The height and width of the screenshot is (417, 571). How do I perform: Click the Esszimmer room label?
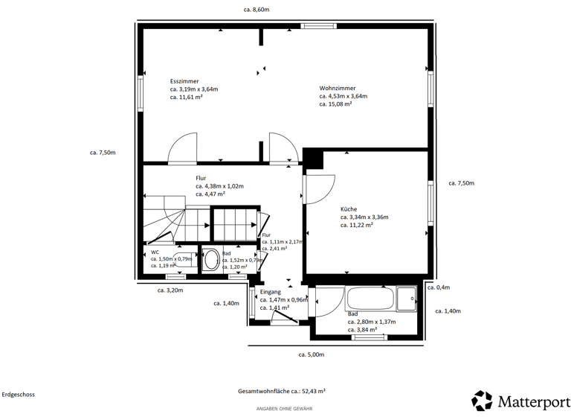183,80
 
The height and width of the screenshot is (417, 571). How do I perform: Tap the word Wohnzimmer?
337,87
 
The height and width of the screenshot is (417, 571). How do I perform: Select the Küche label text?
349,209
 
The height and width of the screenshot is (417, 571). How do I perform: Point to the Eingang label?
271,292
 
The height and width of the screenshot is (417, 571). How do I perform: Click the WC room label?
155,252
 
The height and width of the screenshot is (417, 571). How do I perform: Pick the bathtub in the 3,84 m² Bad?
370,299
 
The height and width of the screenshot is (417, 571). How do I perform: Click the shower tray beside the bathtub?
407,299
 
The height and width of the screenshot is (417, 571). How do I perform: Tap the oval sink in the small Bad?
211,260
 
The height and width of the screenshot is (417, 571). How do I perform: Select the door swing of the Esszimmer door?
182,149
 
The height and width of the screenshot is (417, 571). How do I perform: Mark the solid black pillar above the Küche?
313,158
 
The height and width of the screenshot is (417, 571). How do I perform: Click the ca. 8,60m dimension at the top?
256,10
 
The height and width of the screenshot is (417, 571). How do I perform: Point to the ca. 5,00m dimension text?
311,354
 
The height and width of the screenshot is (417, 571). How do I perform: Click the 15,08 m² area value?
335,104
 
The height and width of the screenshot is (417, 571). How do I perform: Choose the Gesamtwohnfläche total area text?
281,391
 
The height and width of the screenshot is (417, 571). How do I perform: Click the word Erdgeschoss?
18,395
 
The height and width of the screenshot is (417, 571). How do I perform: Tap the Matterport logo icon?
482,401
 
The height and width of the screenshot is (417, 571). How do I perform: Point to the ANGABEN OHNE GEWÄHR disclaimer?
284,409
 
